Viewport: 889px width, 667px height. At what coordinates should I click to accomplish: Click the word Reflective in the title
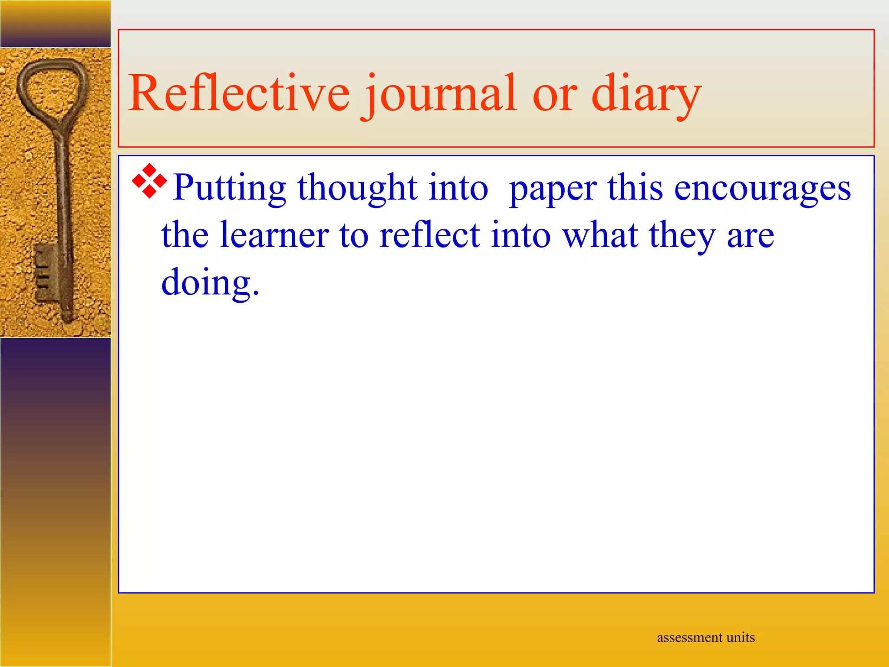tap(239, 93)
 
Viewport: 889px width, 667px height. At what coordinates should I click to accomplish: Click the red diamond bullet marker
tap(149, 181)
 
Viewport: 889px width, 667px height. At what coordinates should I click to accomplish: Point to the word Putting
tap(229, 188)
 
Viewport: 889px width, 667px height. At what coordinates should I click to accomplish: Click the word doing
tap(210, 283)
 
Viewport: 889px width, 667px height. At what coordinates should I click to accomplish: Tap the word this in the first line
tap(635, 188)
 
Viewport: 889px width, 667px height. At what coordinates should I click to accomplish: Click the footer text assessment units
tap(706, 637)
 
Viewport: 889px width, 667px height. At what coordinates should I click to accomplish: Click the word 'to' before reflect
tap(354, 236)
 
